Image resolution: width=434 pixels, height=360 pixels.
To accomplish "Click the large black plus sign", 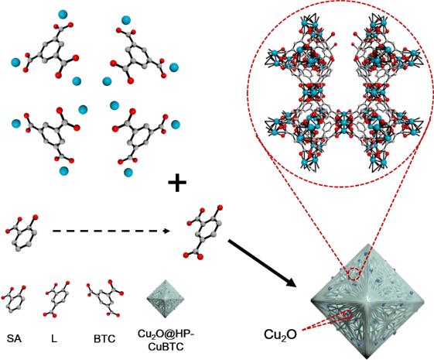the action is click(177, 182).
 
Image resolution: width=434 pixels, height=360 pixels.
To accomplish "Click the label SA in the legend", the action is click(14, 338).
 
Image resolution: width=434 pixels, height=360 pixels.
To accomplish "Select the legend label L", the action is click(54, 338).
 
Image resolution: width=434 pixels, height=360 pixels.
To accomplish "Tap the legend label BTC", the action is click(104, 338).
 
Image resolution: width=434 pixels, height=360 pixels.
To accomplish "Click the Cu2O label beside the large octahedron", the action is click(280, 334).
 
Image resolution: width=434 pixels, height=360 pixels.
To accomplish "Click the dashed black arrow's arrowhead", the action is click(166, 231).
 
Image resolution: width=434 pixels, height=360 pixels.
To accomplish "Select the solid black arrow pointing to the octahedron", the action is click(261, 263).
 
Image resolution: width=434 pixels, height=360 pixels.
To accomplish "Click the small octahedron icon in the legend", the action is click(166, 299).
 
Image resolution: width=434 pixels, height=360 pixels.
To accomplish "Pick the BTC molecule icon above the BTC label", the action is click(105, 298).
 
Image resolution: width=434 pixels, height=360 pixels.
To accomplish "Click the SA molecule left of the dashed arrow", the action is click(22, 232).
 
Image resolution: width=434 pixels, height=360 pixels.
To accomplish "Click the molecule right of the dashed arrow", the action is click(203, 232).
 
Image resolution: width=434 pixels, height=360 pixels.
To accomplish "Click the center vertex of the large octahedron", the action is click(368, 299).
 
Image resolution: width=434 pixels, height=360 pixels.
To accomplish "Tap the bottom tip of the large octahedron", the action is click(368, 358).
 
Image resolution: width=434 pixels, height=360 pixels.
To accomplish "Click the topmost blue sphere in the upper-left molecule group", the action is click(63, 15).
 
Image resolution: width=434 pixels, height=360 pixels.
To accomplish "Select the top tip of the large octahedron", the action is click(368, 244).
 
